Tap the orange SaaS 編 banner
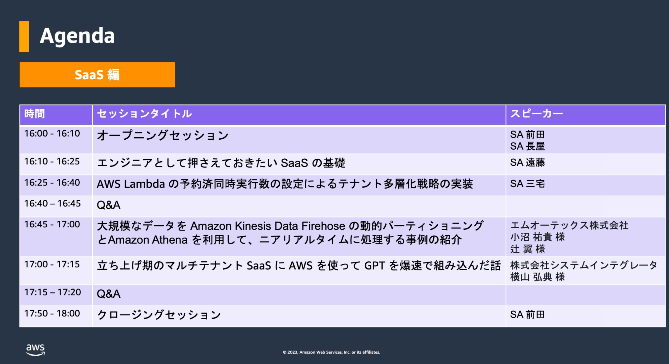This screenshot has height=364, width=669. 97,74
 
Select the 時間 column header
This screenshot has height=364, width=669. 35,114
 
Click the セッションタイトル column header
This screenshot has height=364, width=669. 144,114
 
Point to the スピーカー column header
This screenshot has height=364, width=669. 537,114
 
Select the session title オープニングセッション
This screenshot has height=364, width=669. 163,135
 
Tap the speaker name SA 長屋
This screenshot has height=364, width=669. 527,146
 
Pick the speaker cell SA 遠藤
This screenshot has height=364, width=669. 527,162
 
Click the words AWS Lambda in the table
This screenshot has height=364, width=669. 131,184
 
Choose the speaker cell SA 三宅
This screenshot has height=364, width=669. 527,184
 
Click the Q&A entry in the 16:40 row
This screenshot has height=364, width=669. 109,205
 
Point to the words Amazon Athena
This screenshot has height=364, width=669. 148,240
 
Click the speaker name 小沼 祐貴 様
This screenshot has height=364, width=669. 538,237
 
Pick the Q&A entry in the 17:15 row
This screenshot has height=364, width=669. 109,294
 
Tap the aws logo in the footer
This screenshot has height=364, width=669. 35,350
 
